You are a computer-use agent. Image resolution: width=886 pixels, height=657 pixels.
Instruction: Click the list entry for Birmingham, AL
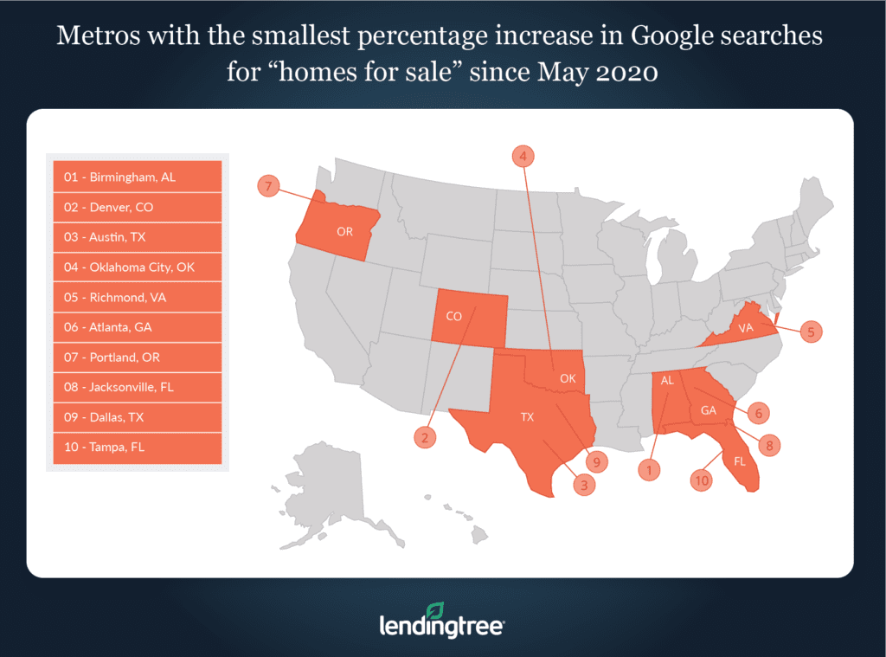click(137, 177)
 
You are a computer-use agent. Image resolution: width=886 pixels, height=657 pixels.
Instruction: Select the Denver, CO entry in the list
click(137, 207)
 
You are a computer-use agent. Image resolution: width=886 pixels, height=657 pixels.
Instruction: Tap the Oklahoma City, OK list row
click(137, 267)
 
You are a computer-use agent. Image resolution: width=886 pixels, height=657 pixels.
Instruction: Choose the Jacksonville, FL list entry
click(137, 387)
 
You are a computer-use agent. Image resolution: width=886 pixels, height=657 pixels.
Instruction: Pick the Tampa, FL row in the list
click(137, 447)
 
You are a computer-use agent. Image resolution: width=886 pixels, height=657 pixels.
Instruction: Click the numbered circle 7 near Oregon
click(269, 186)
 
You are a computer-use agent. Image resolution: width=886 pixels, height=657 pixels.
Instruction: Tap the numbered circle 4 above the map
click(523, 156)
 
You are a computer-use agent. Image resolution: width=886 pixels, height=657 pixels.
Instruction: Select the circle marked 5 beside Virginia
click(810, 331)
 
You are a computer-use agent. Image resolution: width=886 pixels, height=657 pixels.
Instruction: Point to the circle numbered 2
click(425, 438)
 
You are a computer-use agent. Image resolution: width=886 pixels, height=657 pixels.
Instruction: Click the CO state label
click(454, 317)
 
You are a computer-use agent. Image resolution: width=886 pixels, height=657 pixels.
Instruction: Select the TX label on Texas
click(527, 417)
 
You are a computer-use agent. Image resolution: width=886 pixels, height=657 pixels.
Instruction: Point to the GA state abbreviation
click(709, 410)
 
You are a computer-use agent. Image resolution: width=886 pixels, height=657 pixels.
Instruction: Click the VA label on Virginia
click(745, 329)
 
